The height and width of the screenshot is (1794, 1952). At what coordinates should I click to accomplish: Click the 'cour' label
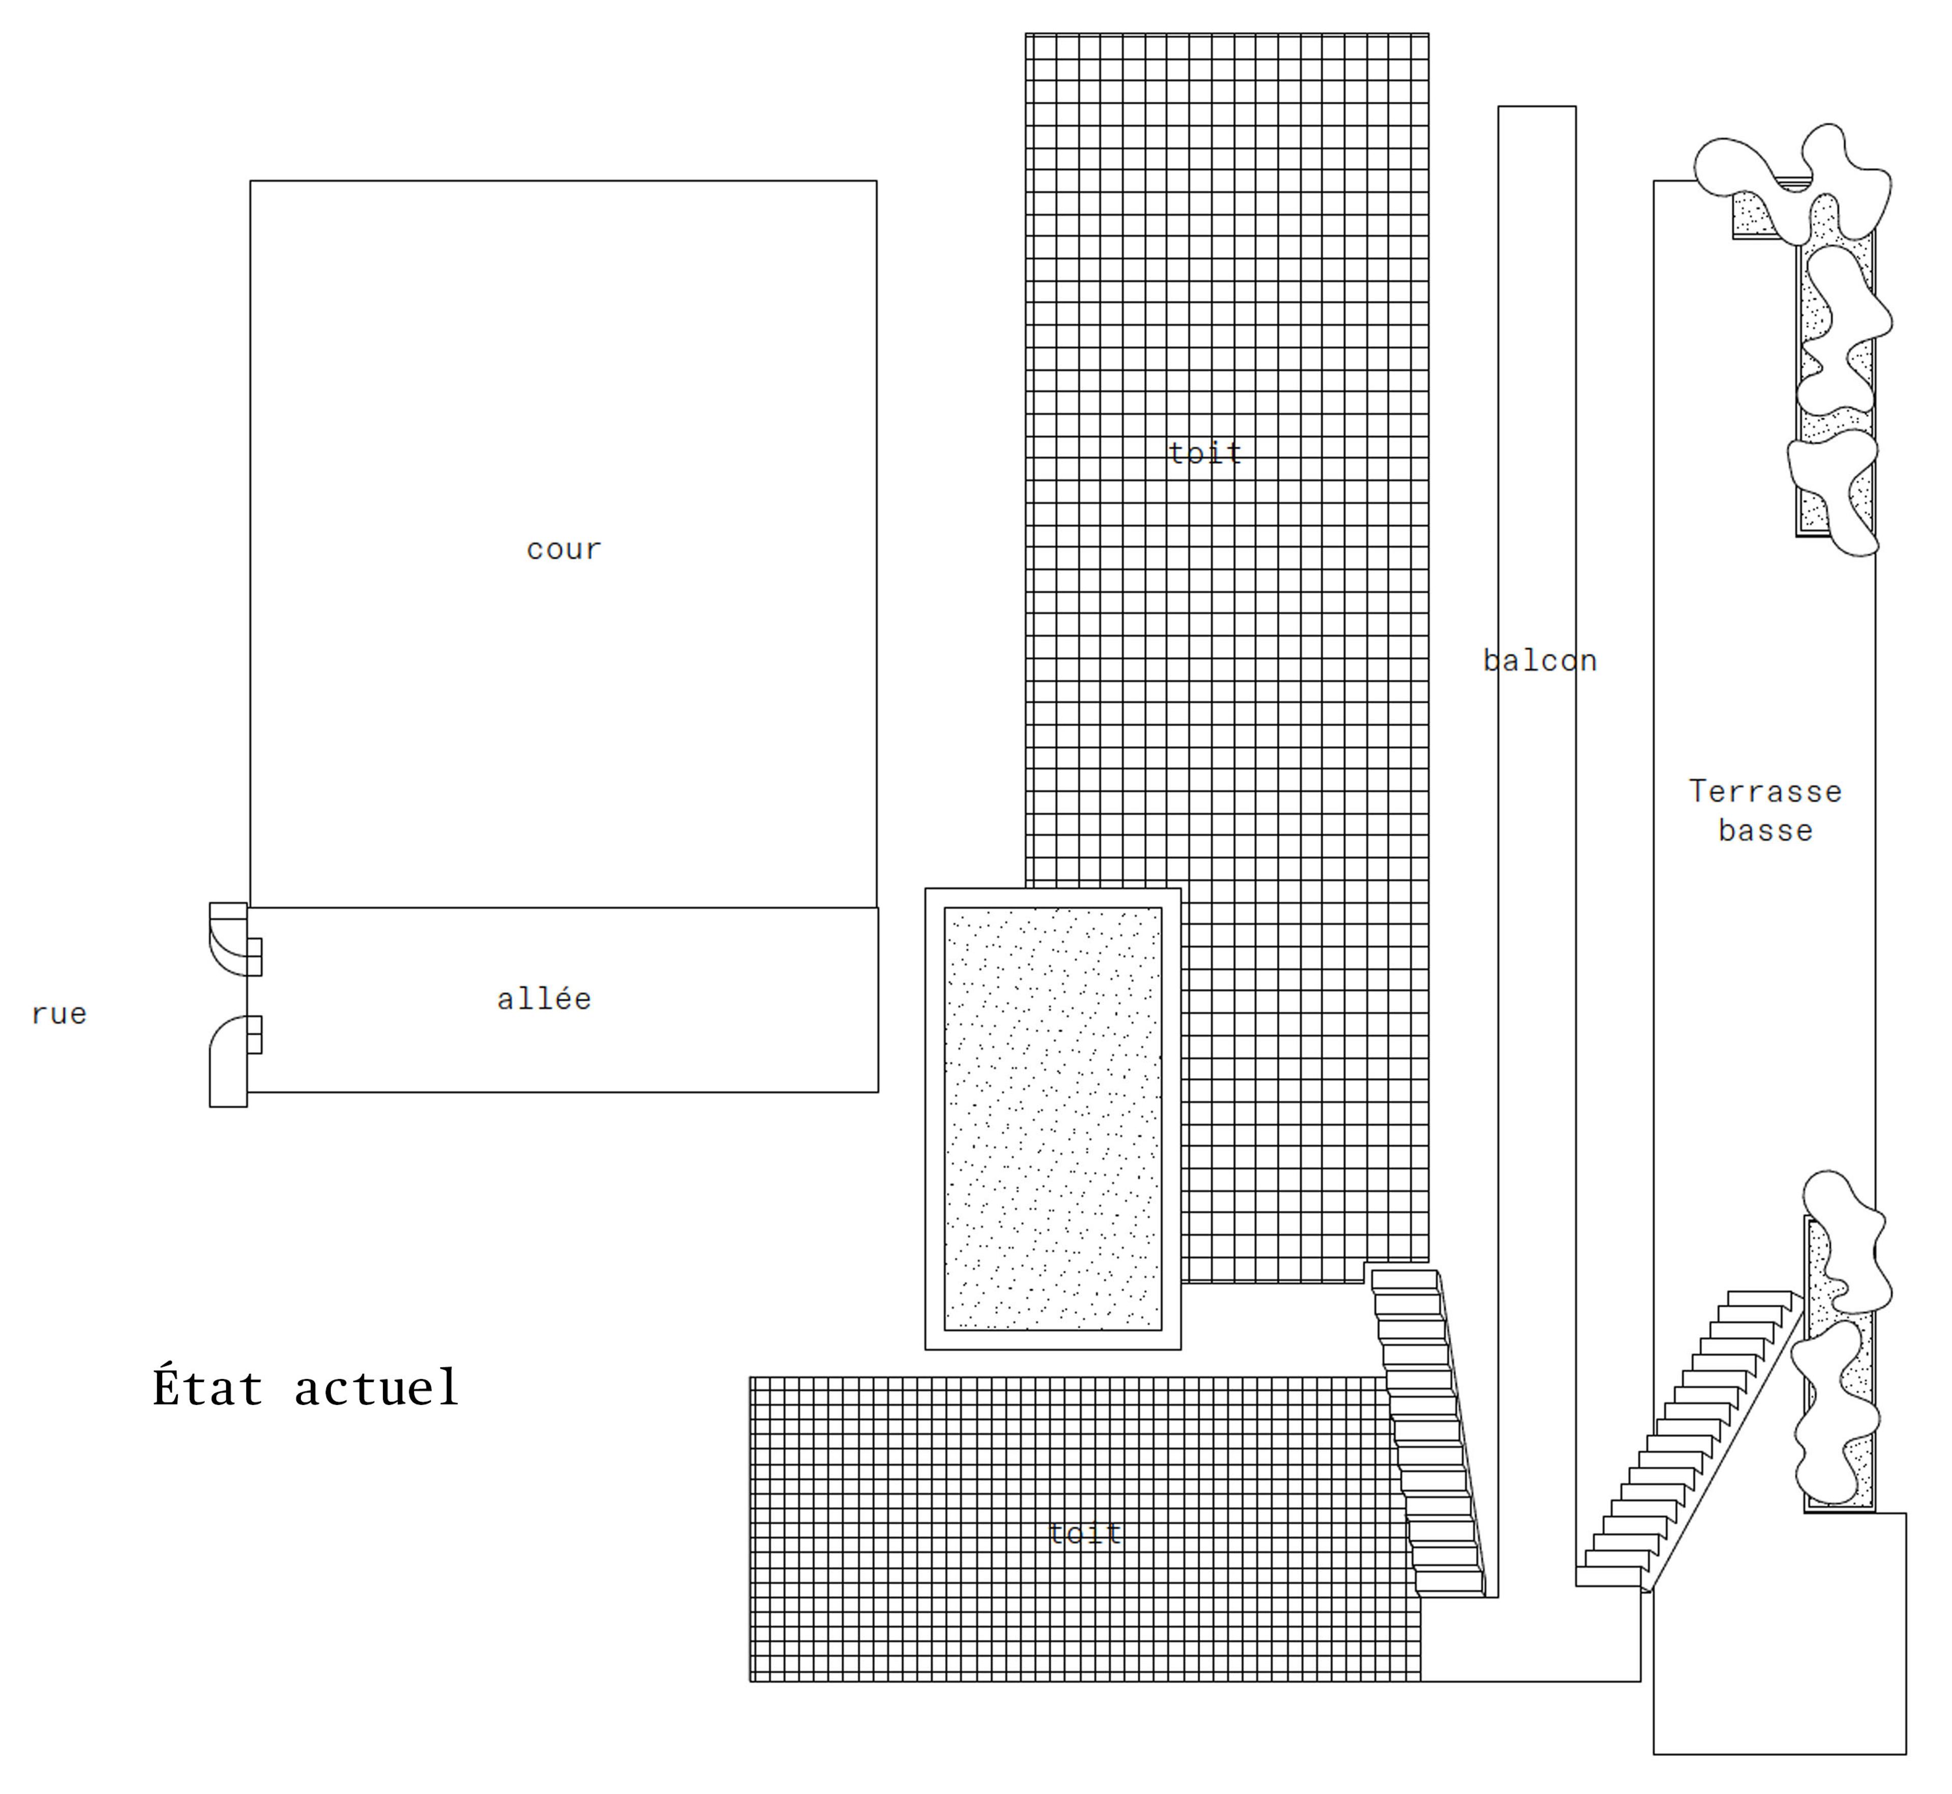[564, 550]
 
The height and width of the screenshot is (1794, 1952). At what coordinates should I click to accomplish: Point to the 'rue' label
[59, 1014]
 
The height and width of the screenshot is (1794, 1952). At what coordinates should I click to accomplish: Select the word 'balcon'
[1539, 661]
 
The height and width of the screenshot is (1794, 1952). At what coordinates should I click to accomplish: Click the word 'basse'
[1764, 831]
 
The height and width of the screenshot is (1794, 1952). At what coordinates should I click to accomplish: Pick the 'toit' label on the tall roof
[1205, 454]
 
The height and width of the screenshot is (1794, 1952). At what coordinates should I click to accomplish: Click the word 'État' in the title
[208, 1388]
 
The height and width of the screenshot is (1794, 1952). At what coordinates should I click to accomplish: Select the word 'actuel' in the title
[377, 1388]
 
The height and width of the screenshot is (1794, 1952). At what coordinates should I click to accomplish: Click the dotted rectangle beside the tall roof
[1052, 1118]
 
